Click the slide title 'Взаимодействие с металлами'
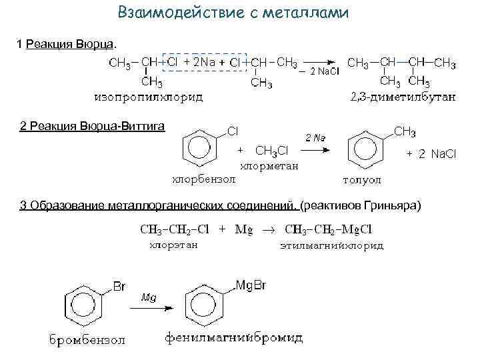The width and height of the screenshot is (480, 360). [233, 13]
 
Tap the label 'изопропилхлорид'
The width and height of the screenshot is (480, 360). [149, 97]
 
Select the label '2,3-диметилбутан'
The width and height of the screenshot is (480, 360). [403, 97]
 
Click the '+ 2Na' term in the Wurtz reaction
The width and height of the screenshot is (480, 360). [198, 62]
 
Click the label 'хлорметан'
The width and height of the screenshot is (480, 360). [269, 165]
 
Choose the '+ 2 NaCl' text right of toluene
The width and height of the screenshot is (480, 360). [431, 154]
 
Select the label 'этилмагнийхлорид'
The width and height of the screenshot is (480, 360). [330, 245]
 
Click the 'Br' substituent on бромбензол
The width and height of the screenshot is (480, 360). [119, 287]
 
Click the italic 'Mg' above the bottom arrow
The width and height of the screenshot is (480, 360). [148, 297]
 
